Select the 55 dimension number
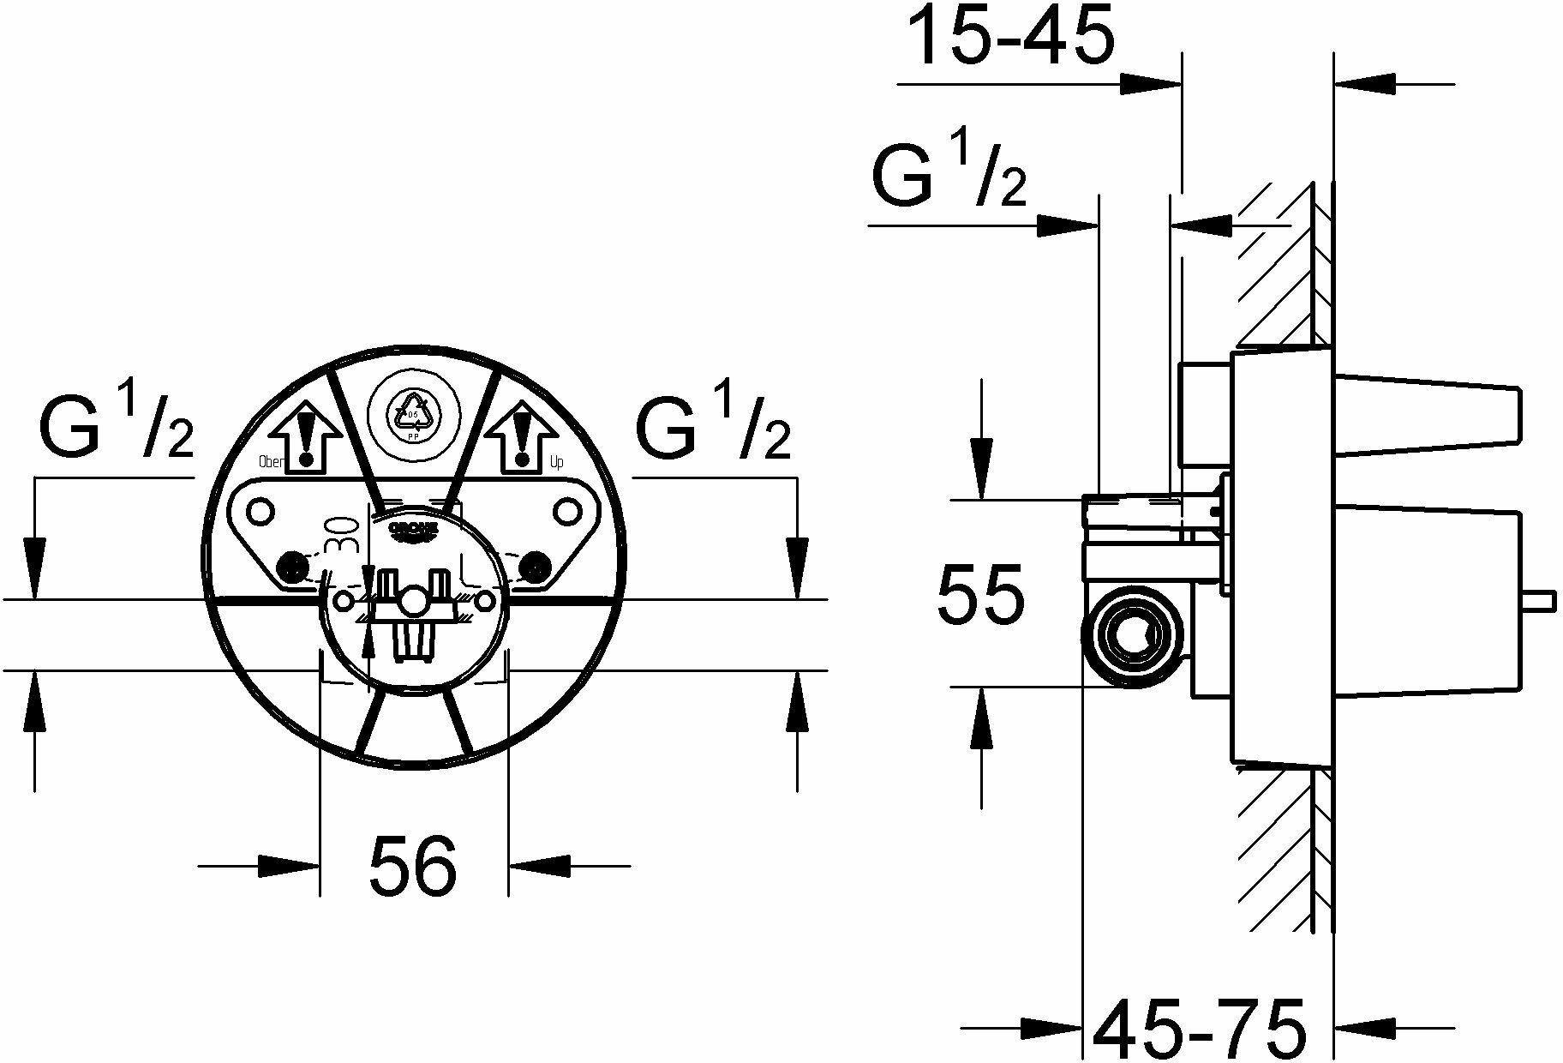click(980, 594)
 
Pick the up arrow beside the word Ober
click(307, 437)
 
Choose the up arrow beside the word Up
click(519, 437)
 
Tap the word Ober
click(271, 462)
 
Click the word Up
click(556, 463)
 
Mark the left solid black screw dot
click(293, 567)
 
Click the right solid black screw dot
click(536, 567)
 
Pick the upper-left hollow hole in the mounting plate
click(258, 513)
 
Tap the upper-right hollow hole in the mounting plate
click(566, 513)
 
